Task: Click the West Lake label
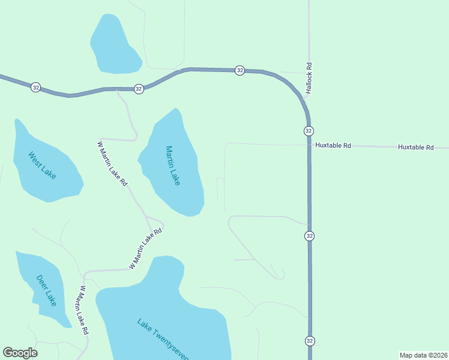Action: (42, 164)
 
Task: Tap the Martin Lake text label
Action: (173, 166)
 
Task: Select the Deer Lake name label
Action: (46, 290)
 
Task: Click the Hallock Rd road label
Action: (310, 78)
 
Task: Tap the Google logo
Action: (20, 353)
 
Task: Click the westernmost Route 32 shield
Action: (35, 87)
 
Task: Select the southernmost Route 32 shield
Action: (310, 341)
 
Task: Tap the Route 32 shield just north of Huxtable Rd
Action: (309, 131)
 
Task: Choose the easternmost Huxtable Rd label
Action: (415, 147)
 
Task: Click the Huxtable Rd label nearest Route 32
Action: (331, 146)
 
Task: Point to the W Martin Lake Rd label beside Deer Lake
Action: (83, 310)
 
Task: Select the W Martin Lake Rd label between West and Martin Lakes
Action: (113, 163)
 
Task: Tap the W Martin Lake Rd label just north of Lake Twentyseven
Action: (146, 248)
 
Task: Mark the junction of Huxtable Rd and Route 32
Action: (309, 145)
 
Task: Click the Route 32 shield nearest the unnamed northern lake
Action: (139, 89)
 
